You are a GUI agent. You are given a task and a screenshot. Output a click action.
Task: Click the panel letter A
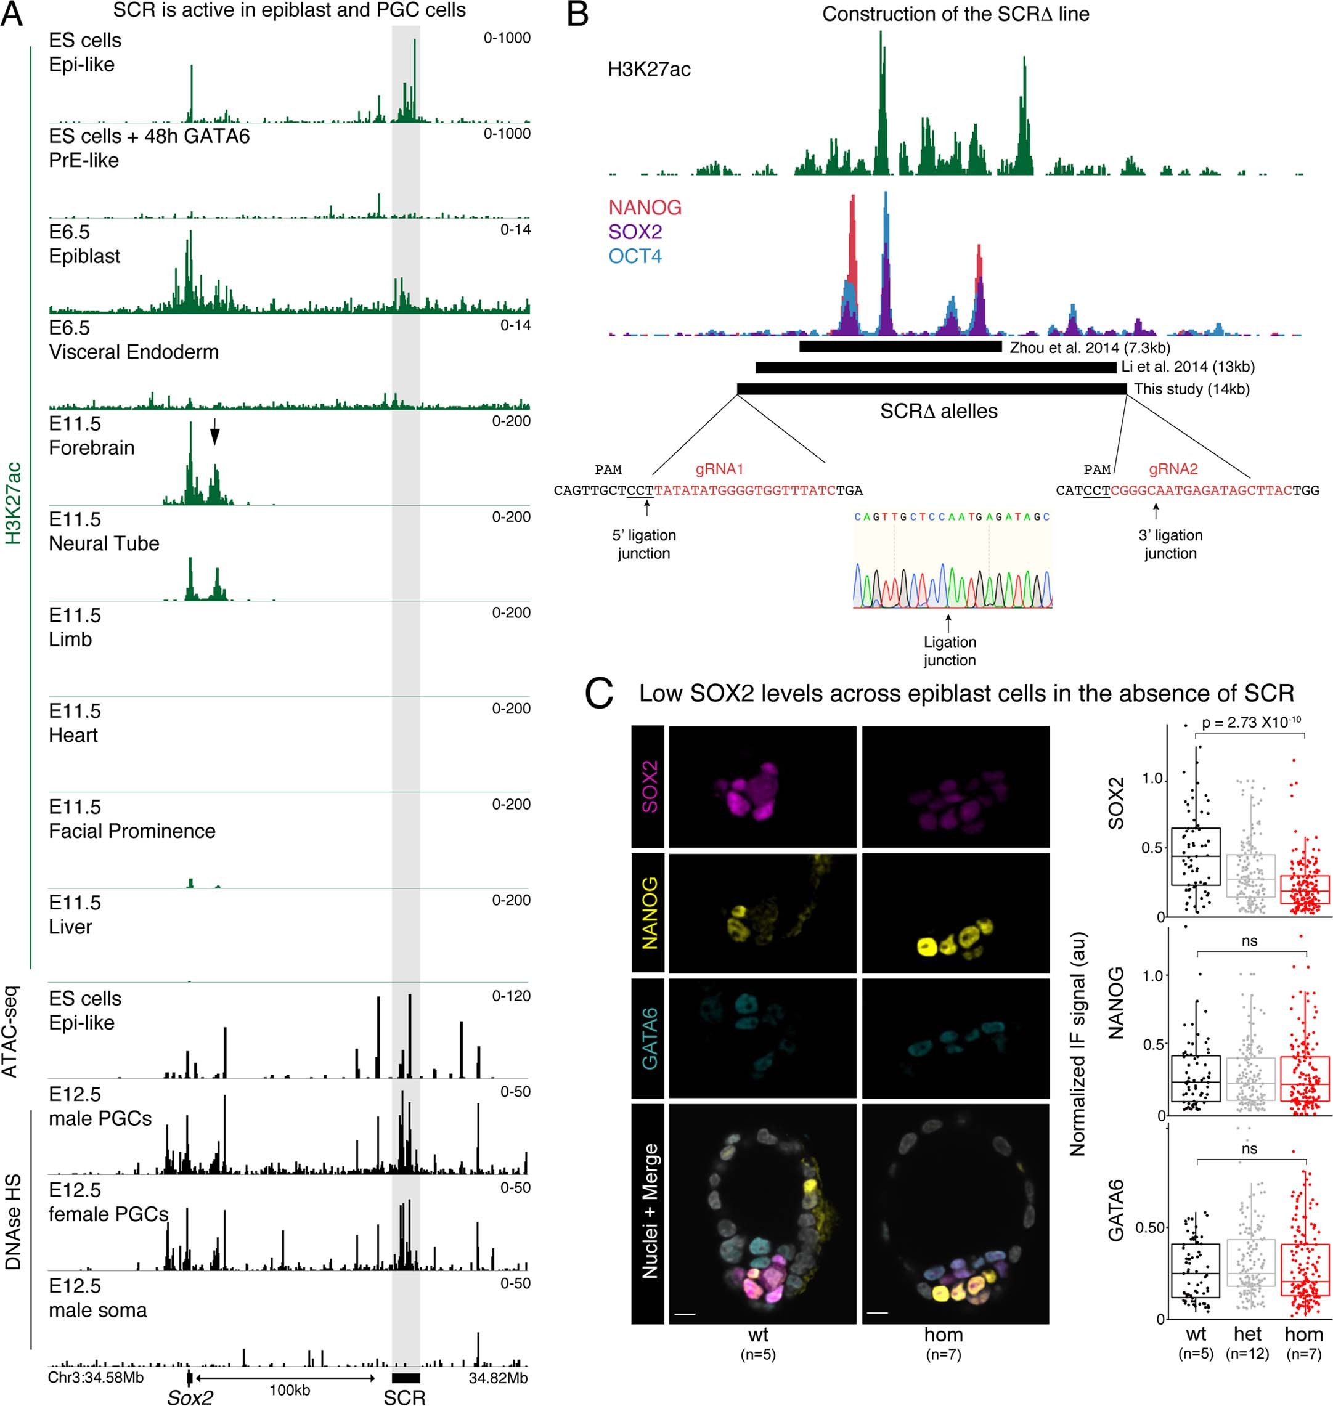(12, 14)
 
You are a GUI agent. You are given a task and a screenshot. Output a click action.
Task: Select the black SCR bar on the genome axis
(405, 1378)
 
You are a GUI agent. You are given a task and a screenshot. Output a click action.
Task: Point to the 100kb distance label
(289, 1389)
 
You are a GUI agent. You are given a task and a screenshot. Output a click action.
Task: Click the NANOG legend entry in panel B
(645, 208)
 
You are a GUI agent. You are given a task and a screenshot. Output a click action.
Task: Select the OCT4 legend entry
(635, 256)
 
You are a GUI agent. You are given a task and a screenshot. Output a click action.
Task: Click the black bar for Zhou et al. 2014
(900, 347)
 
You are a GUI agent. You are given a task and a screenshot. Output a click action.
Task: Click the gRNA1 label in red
(719, 469)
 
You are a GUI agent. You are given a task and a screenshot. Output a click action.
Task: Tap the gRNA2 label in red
(1173, 469)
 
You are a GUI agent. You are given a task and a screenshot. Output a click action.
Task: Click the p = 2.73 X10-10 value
(1251, 722)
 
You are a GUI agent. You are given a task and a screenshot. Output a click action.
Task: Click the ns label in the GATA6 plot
(1249, 1149)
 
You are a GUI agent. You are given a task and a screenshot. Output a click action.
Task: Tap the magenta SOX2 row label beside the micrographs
(648, 786)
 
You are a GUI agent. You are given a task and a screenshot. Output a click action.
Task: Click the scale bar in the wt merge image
(683, 1315)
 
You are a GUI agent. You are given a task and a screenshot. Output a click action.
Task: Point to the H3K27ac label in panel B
(649, 70)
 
